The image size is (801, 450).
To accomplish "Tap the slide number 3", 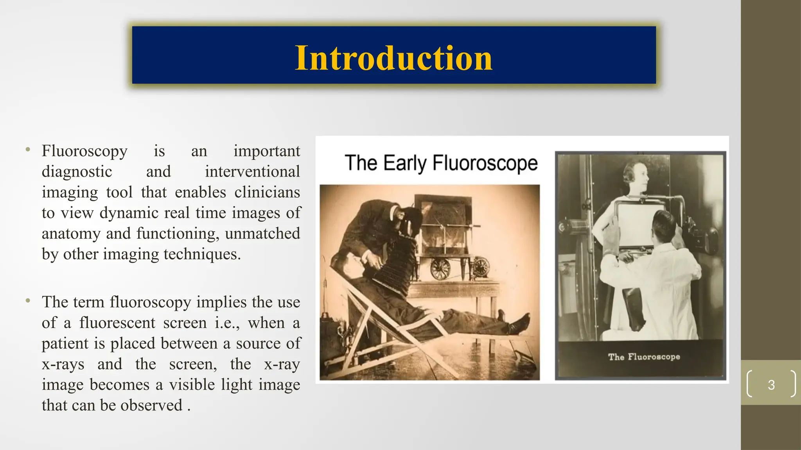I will [x=771, y=385].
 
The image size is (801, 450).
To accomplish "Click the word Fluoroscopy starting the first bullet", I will [x=84, y=151].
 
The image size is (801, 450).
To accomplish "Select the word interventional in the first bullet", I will [x=252, y=171].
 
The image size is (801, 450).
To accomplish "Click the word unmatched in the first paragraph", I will [x=262, y=234].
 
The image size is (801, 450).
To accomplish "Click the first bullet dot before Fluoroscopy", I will [x=28, y=150].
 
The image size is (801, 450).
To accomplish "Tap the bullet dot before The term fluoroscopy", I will [x=28, y=301].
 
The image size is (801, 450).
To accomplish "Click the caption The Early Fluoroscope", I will [x=441, y=163].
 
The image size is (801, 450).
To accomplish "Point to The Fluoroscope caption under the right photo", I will [x=644, y=357].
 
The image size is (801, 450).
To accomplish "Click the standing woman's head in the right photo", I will [x=636, y=173].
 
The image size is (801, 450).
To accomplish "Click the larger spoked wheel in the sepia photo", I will [x=440, y=270].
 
